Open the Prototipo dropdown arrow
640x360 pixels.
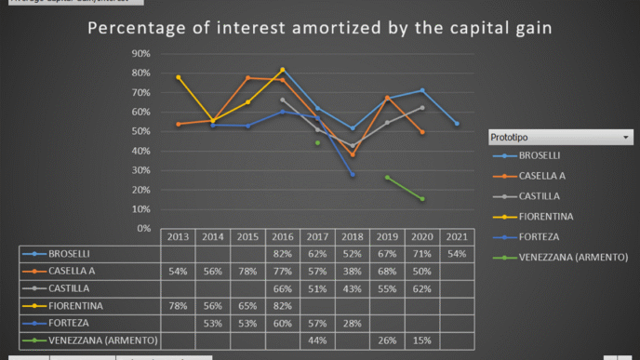pyautogui.click(x=626, y=138)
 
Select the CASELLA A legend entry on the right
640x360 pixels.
pyautogui.click(x=541, y=175)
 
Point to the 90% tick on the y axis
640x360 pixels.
pyautogui.click(x=141, y=53)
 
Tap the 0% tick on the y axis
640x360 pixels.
pyautogui.click(x=144, y=228)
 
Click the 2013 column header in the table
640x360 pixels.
pyautogui.click(x=178, y=236)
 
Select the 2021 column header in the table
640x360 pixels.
pyautogui.click(x=457, y=236)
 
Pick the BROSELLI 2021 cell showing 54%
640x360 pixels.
pyautogui.click(x=457, y=253)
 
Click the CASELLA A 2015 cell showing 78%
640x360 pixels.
pyautogui.click(x=247, y=271)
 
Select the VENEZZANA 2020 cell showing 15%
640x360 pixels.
pyautogui.click(x=422, y=340)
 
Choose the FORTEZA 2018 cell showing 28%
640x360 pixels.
pyautogui.click(x=353, y=323)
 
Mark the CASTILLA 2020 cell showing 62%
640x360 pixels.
pyautogui.click(x=422, y=288)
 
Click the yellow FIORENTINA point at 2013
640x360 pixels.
pyautogui.click(x=178, y=77)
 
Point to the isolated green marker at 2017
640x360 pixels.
pyautogui.click(x=317, y=142)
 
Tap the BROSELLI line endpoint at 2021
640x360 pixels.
pyautogui.click(x=457, y=124)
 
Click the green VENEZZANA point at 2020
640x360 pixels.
pyautogui.click(x=422, y=199)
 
